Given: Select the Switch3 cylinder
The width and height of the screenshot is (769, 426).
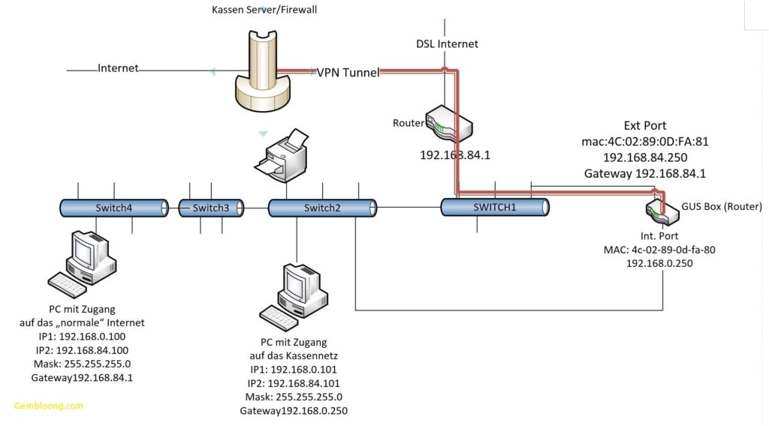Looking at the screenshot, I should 211,208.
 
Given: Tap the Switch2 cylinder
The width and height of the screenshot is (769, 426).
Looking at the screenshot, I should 322,208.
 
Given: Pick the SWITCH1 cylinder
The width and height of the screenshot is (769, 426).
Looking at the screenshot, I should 495,208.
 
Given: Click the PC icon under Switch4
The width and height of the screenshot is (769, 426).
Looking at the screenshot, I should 84,262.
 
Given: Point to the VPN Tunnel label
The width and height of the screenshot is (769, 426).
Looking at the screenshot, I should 348,73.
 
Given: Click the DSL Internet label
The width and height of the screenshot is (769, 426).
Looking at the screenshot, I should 447,43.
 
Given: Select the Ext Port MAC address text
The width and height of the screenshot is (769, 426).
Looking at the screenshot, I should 644,141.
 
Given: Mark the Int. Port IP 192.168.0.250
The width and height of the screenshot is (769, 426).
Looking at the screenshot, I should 659,263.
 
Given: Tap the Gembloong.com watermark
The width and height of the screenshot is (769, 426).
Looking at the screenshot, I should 48,406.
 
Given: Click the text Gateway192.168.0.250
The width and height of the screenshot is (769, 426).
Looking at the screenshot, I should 294,411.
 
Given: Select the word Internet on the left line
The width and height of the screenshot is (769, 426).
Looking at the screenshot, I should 118,68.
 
